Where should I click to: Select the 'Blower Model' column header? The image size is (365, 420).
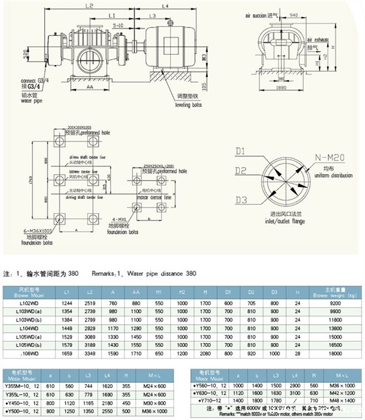23,292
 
